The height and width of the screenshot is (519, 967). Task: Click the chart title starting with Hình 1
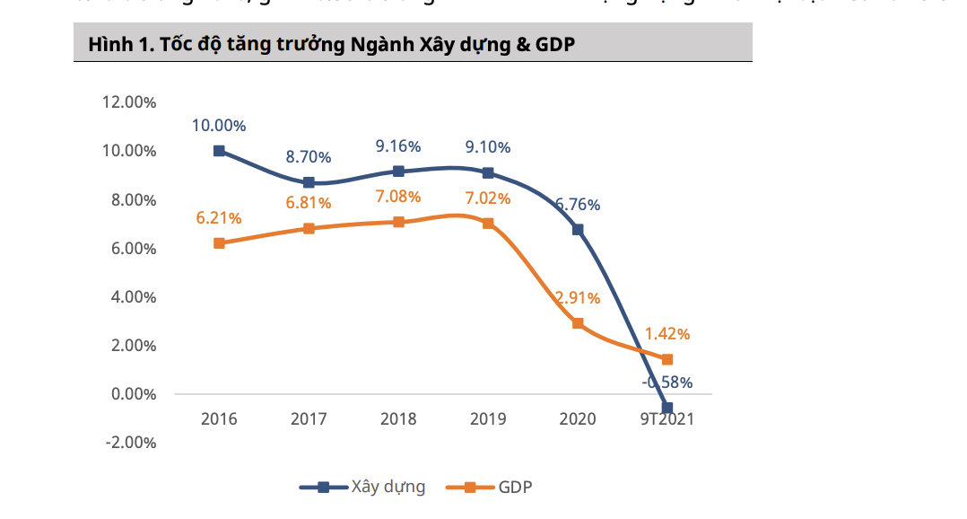[x=331, y=45]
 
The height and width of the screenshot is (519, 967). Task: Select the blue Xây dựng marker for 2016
[x=219, y=151]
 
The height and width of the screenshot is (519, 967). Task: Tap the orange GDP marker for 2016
[x=219, y=242]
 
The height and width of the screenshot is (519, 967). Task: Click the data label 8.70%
[x=309, y=157]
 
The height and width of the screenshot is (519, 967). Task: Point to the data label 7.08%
[x=398, y=196]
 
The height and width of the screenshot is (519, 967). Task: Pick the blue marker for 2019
[x=488, y=172]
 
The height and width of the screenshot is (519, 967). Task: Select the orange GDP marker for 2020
[x=578, y=323]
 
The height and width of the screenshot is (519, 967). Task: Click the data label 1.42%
[x=667, y=334]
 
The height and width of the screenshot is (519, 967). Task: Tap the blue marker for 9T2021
[x=667, y=408]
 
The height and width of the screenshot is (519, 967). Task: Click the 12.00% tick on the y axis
[x=130, y=102]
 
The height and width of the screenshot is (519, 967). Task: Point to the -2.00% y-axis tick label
[x=130, y=443]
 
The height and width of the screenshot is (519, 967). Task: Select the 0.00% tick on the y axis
[x=133, y=394]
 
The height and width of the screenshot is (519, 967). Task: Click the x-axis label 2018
[x=398, y=419]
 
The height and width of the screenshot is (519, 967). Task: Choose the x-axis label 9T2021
[x=667, y=419]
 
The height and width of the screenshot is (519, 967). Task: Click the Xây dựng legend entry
[x=362, y=488]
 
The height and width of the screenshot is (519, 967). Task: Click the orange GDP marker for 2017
[x=309, y=228]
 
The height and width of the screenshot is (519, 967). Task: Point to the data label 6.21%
[x=219, y=218]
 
